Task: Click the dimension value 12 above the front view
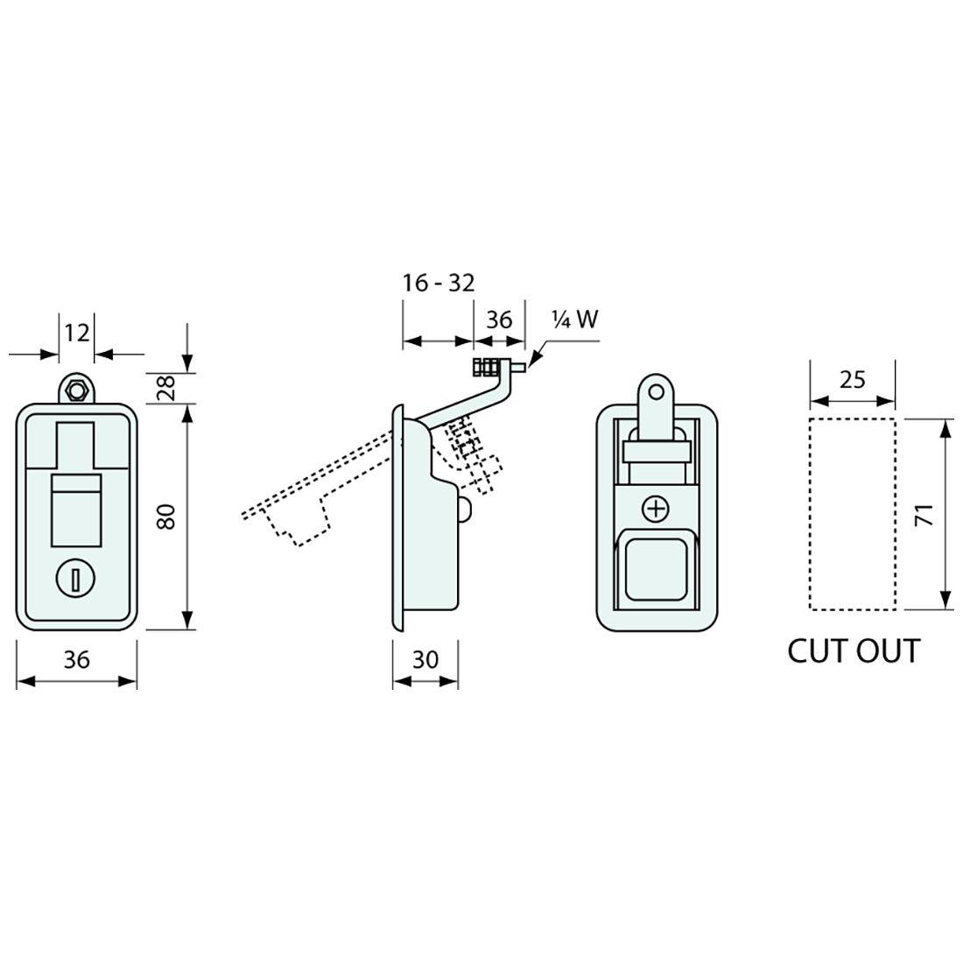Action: point(77,333)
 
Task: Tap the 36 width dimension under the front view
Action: point(77,659)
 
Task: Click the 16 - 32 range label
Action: point(438,284)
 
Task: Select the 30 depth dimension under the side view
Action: point(425,659)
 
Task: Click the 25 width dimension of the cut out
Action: point(852,379)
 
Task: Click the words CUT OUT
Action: point(854,651)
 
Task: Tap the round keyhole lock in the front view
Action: point(76,578)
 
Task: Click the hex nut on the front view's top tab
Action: point(77,390)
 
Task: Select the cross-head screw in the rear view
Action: point(656,509)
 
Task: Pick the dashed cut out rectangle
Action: point(852,514)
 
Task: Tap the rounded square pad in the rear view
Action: point(656,569)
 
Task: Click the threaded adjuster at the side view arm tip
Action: point(488,368)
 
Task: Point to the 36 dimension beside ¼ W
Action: point(499,320)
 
